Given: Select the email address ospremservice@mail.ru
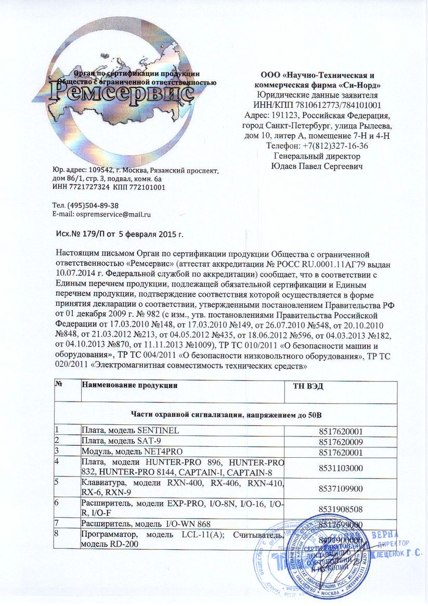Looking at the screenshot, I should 113,214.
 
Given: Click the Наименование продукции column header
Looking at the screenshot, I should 129,385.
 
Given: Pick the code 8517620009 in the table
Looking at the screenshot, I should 341,441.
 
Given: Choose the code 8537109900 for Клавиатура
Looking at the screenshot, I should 341,489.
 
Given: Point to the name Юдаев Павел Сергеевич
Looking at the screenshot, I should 317,166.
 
